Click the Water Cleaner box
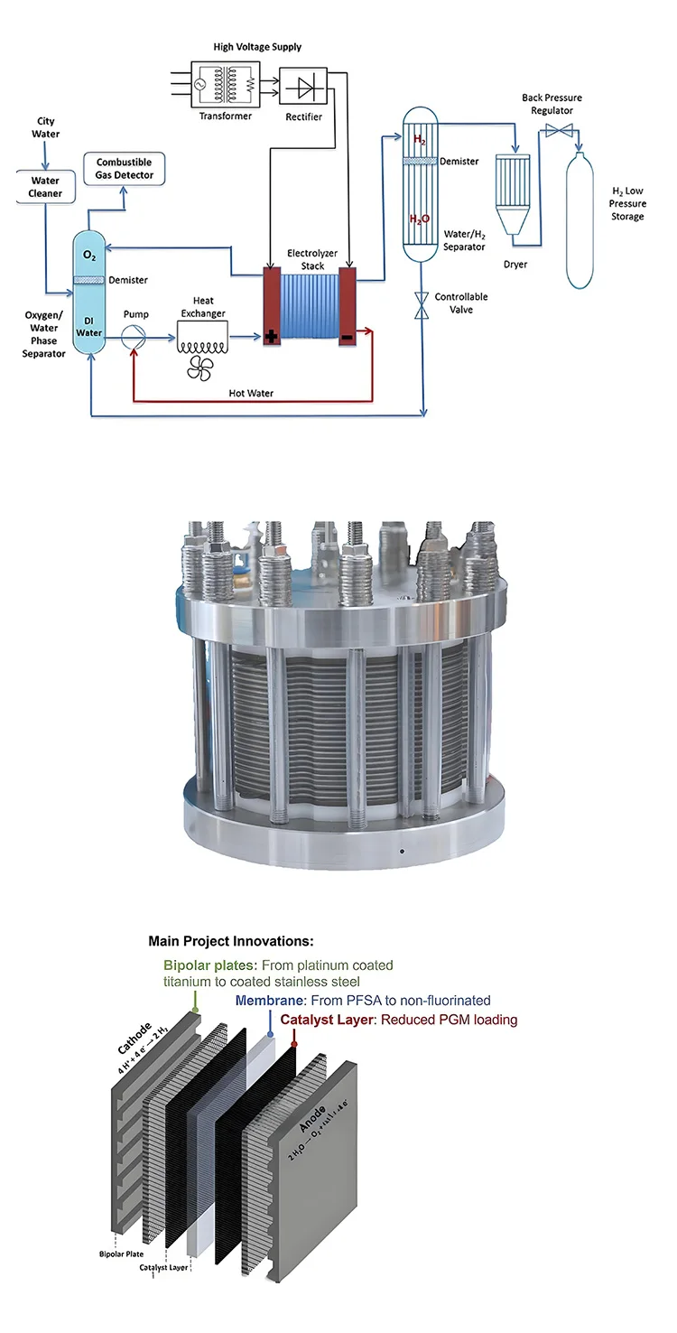[45, 187]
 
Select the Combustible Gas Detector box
[125, 169]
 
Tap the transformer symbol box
[223, 86]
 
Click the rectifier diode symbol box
[303, 86]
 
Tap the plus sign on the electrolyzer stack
[271, 338]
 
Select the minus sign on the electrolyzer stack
[348, 337]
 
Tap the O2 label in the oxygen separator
[89, 258]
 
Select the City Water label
[46, 127]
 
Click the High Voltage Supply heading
[257, 46]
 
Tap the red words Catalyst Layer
[329, 1020]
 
